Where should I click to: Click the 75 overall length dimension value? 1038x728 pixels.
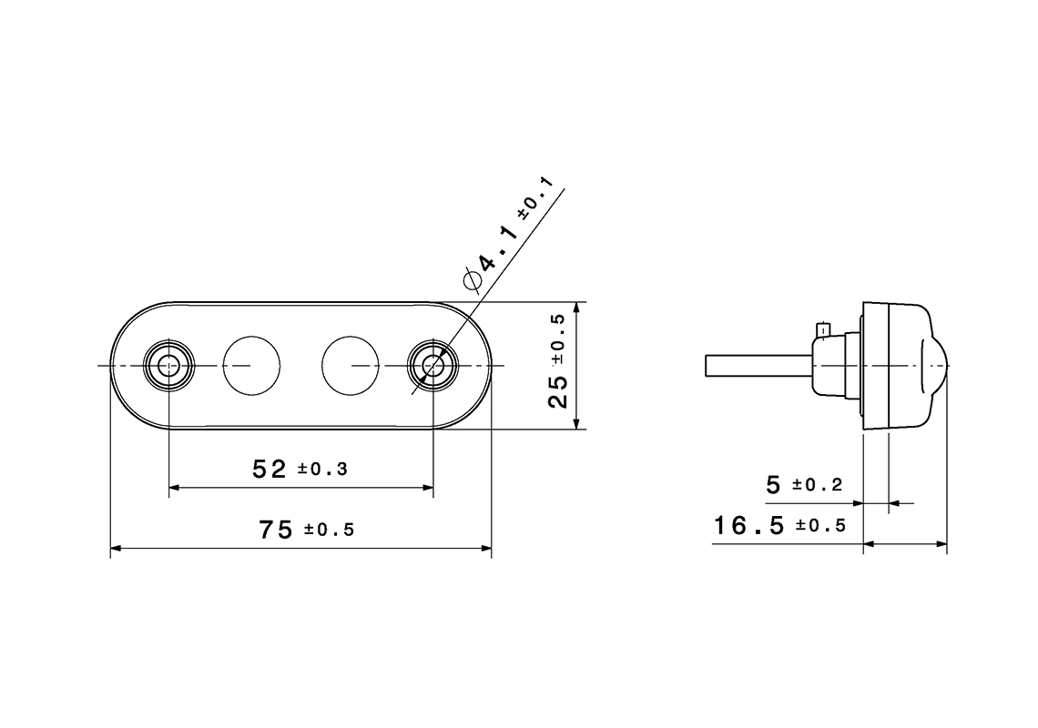click(275, 531)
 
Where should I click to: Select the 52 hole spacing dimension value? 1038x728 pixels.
click(270, 470)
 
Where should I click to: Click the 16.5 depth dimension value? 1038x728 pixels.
click(748, 525)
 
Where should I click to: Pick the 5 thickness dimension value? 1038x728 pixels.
click(773, 486)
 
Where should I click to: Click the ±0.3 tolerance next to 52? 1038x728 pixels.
click(322, 470)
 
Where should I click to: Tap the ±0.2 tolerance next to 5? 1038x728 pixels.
click(817, 486)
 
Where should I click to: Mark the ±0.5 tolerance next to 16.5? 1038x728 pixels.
click(820, 526)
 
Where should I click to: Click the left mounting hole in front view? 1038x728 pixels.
click(169, 365)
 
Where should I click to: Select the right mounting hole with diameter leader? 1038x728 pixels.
click(432, 365)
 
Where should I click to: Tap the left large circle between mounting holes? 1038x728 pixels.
click(252, 365)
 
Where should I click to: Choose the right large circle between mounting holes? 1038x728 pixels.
click(351, 365)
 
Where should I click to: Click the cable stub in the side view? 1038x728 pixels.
click(756, 366)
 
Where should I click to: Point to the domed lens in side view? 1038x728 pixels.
click(936, 366)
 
